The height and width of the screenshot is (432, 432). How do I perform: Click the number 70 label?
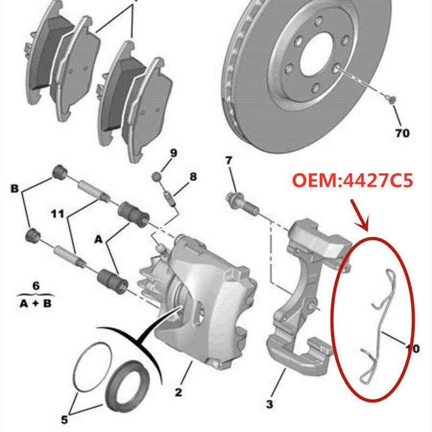[x=402, y=133]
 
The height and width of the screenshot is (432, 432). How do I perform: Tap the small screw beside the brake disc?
[x=393, y=99]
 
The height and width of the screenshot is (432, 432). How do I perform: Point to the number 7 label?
[x=228, y=160]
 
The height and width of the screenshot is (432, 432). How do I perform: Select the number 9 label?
[x=173, y=154]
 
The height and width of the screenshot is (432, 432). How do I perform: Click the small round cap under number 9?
[x=156, y=176]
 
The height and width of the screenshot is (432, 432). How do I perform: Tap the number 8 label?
[x=193, y=177]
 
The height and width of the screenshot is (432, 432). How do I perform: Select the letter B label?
[x=14, y=189]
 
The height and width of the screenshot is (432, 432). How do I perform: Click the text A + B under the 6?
[x=36, y=303]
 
